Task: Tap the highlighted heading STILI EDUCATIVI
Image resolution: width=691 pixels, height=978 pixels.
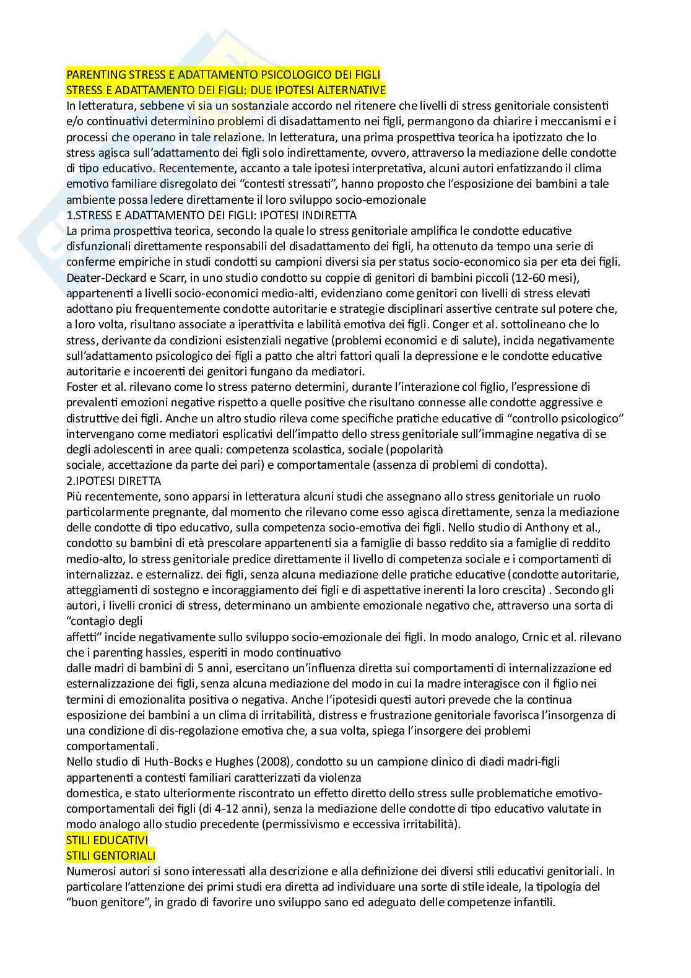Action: [x=107, y=840]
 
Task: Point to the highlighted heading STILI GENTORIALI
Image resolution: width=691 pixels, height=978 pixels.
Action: [x=110, y=855]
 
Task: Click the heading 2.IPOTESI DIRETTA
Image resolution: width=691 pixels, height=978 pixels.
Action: [x=113, y=481]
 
